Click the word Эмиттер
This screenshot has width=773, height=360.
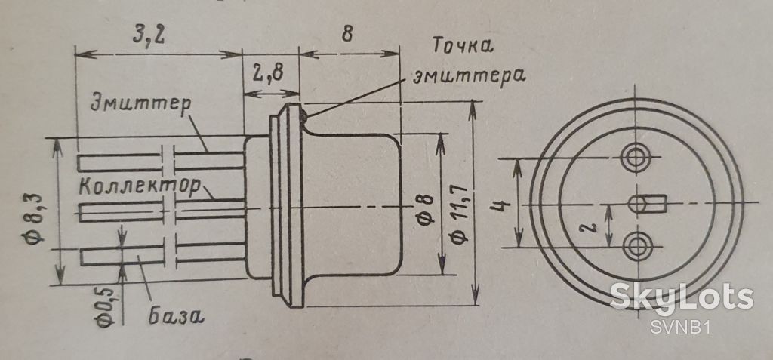(140, 105)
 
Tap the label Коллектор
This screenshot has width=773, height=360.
(140, 186)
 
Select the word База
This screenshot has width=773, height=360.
(176, 315)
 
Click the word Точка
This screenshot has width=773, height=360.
(463, 45)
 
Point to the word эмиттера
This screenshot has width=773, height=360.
(468, 76)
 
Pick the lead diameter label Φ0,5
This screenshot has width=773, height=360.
(106, 306)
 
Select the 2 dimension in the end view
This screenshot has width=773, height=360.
(592, 226)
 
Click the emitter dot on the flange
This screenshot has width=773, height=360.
(303, 116)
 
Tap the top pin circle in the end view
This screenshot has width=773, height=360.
(636, 158)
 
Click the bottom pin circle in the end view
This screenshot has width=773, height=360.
(636, 247)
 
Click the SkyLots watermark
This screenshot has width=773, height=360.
(682, 298)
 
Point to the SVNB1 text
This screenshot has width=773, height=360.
(680, 328)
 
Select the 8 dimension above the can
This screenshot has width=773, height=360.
(347, 35)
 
